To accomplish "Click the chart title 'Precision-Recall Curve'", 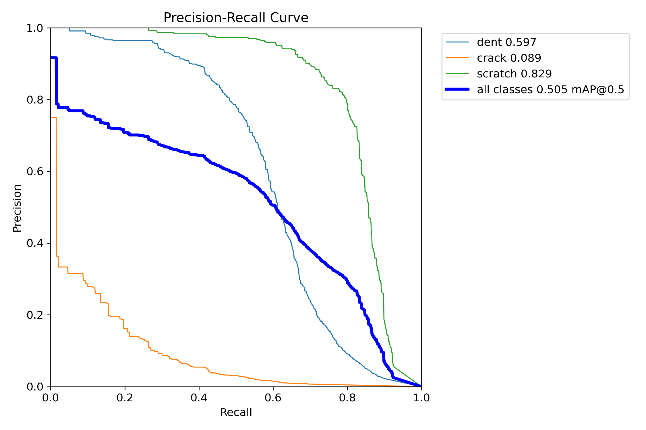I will pos(236,18).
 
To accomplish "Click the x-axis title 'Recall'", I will pos(236,412).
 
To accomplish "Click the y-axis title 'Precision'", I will pos(17,208).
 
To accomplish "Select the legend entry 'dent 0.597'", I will pos(506,42).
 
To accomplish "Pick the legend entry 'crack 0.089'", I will pos(509,58).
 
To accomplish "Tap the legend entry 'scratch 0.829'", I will pos(514,74).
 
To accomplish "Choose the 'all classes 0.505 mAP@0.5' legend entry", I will pos(550,90).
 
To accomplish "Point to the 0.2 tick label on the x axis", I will pos(125,398).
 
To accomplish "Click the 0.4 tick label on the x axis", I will pos(199,398).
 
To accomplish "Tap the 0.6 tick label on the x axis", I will pos(273,398).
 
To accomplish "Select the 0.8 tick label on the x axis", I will pos(347,398).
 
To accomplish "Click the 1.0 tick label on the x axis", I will pos(421,398).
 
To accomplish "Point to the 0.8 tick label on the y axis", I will pos(35,100).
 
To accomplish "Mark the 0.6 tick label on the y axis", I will pos(35,171).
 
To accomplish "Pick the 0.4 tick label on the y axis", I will pos(35,243).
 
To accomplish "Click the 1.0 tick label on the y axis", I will pos(35,28).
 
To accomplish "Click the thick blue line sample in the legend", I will pos(457,89).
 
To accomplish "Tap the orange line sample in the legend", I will pos(457,58).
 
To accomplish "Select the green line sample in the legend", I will pos(457,74).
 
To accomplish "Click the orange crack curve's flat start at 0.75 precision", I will pos(53,118).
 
